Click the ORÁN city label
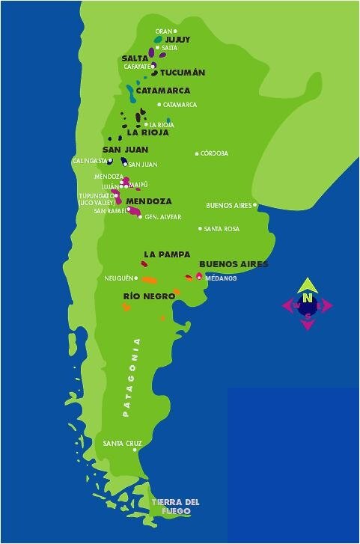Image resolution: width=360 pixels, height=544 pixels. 163,31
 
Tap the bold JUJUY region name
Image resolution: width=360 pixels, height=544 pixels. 177,39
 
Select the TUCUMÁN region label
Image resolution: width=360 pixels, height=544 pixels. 183,73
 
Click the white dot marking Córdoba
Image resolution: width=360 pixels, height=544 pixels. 198,153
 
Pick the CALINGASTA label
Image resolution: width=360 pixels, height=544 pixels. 89,160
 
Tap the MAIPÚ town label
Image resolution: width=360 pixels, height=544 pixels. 138,184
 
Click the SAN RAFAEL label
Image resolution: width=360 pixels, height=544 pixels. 110,210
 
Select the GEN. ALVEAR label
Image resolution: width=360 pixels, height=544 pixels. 163,217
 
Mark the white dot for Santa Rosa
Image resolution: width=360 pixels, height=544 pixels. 200,229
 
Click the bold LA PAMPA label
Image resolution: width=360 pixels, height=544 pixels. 167,254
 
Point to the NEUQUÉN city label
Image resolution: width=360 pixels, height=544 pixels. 118,278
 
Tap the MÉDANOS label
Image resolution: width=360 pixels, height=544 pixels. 221,278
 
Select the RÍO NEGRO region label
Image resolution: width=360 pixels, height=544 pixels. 149,296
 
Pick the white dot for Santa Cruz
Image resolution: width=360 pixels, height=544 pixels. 135,450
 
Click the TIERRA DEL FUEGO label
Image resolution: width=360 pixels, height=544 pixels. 175,507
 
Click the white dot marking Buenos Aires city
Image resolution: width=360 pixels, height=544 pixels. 254,205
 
